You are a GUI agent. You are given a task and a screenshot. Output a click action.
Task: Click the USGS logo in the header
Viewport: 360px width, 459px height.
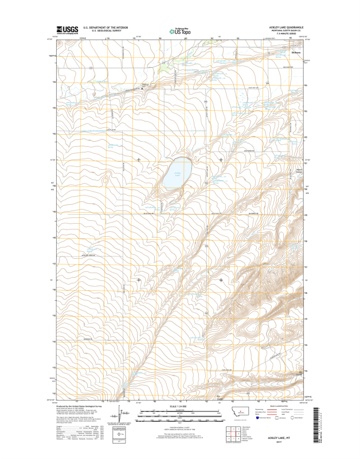click(68, 30)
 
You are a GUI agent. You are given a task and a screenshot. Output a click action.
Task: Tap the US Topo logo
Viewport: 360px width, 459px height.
click(179, 32)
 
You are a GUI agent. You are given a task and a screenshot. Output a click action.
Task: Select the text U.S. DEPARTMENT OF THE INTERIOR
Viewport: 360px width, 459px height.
click(105, 28)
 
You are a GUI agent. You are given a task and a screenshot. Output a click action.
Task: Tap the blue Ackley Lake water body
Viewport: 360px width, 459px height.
click(175, 176)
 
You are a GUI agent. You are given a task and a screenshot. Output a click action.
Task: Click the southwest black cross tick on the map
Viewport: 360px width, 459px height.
click(139, 279)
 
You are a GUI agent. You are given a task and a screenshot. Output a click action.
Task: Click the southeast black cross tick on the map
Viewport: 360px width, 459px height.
click(221, 279)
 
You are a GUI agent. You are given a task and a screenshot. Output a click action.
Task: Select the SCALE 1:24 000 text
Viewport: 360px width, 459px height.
click(180, 406)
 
